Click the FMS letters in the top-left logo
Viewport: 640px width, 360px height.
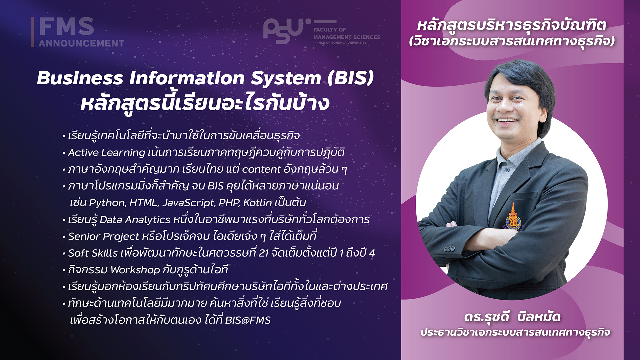[x=66, y=26]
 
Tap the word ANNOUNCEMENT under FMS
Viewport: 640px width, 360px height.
[x=81, y=43]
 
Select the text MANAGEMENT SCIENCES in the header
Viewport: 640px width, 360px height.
[x=347, y=37]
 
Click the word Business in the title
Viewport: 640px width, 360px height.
[x=80, y=78]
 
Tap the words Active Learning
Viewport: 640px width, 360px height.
[x=107, y=153]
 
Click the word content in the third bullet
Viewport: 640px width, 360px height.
[x=261, y=169]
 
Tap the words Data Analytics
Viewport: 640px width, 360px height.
[x=135, y=220]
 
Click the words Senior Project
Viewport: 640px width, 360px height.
[x=103, y=236]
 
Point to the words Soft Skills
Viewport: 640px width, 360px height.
[x=93, y=253]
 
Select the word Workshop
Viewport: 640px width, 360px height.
[x=135, y=270]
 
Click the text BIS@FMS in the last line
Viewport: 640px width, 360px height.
[x=248, y=320]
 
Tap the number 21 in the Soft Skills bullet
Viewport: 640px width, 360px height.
[x=264, y=253]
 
